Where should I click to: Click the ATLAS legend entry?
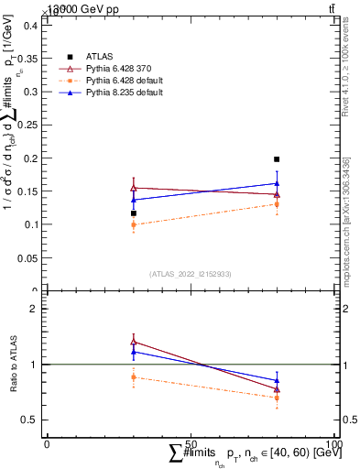point(98,57)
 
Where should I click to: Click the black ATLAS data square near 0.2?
point(277,159)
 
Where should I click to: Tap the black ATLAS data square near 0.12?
point(134,213)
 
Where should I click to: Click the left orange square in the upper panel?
point(134,224)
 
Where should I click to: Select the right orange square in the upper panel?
point(277,204)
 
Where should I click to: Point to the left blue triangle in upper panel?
point(134,200)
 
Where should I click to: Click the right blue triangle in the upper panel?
point(277,183)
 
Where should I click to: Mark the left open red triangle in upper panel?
point(134,188)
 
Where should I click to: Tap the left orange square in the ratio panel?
point(134,376)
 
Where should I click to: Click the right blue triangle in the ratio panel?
point(277,380)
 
